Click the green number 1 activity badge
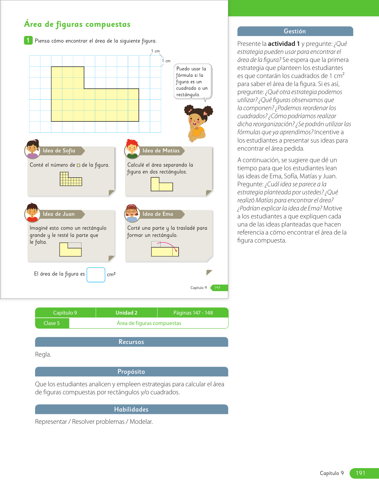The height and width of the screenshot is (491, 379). [x=28, y=40]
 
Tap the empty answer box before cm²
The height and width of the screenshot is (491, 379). [x=96, y=275]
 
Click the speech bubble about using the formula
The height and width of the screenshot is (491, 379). [x=193, y=81]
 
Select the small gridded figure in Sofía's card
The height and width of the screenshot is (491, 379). [x=71, y=179]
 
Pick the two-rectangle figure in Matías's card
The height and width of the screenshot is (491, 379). [x=161, y=184]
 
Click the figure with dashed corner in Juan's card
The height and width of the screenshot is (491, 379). [x=70, y=249]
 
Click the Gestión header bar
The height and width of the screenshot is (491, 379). [x=295, y=31]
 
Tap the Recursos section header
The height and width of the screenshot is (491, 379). [x=131, y=342]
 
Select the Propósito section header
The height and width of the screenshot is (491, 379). [x=131, y=372]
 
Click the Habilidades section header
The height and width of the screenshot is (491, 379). [x=131, y=409]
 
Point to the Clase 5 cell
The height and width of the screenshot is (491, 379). [x=52, y=323]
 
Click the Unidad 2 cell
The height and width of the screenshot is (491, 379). [x=126, y=313]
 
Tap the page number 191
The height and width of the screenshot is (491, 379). [x=361, y=473]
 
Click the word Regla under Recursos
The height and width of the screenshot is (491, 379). [x=43, y=354]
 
